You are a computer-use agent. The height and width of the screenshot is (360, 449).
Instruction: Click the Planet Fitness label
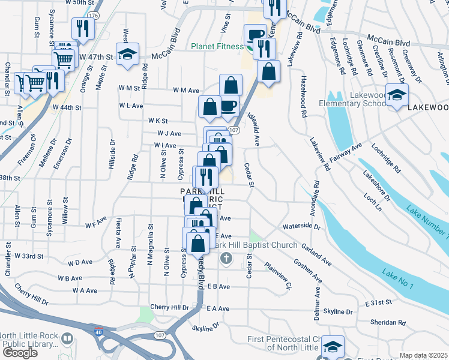tap(218, 47)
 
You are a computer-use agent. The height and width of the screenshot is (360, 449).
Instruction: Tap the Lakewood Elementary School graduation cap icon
tap(397, 95)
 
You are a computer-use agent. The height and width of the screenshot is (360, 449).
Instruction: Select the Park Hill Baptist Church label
tap(255, 245)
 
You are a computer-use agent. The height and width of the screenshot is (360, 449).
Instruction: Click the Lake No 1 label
tap(398, 280)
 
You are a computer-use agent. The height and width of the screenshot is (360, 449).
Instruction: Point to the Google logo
tap(20, 352)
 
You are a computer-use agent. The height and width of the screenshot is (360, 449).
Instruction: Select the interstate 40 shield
tap(98, 331)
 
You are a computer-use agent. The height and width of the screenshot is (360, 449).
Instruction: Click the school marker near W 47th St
tap(127, 55)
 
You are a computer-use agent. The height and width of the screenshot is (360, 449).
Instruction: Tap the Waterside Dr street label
tap(301, 227)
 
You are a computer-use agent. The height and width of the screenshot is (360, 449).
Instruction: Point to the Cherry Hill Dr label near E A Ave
tap(169, 307)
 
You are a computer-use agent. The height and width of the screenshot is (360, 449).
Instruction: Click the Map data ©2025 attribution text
tap(424, 355)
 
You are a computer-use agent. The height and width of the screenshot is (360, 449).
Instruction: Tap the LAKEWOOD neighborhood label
tap(427, 107)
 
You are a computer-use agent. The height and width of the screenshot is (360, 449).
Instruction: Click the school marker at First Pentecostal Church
tap(332, 347)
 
